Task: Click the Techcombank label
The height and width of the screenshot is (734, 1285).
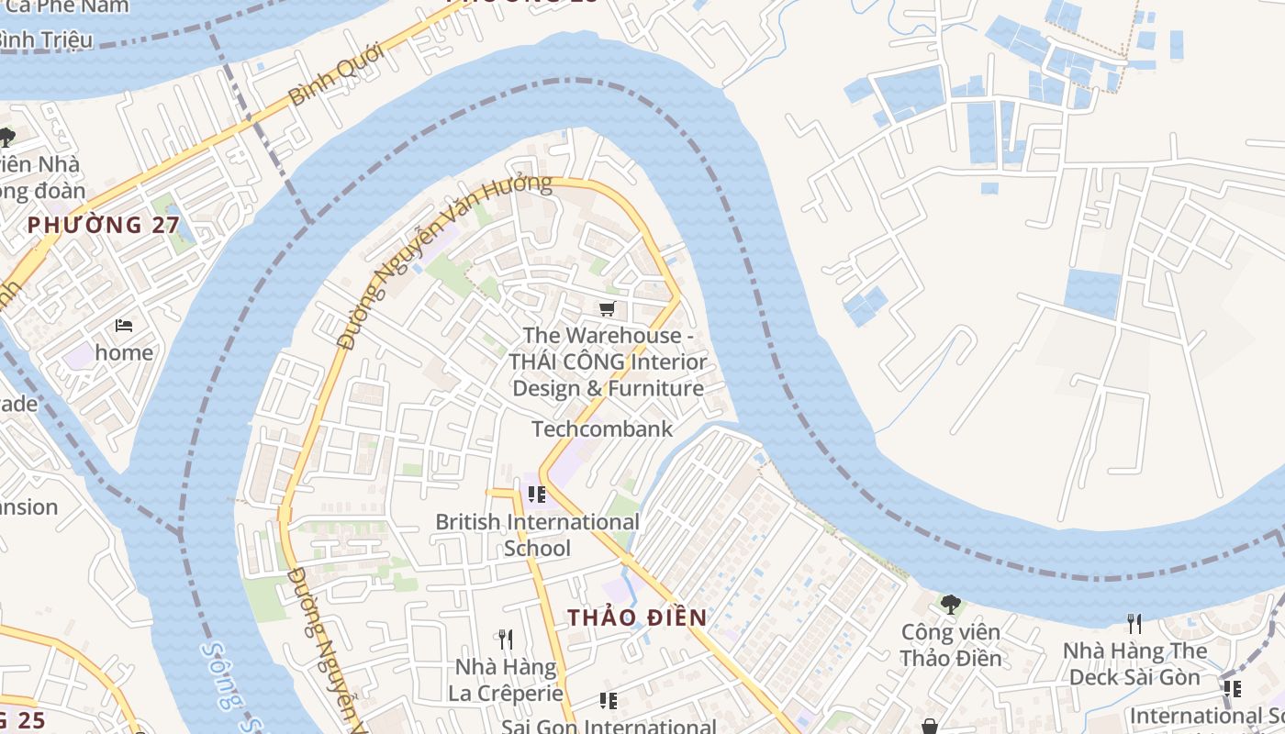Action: (602, 428)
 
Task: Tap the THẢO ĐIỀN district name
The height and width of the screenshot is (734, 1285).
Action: (637, 617)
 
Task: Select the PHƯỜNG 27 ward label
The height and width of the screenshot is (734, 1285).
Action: (103, 225)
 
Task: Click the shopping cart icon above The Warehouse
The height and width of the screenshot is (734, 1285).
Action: (607, 308)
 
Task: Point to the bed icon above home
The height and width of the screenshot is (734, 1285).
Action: (124, 325)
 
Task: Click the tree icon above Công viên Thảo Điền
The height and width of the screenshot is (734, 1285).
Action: (951, 604)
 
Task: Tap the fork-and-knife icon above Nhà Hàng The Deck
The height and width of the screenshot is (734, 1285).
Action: (1134, 624)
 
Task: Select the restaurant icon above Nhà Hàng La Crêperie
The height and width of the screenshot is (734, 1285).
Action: (505, 639)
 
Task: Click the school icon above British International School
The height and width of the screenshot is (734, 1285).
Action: (537, 495)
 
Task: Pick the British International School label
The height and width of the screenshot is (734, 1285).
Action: (537, 535)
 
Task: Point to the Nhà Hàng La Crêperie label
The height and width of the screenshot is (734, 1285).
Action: (505, 680)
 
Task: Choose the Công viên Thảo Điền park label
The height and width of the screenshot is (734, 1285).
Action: (951, 645)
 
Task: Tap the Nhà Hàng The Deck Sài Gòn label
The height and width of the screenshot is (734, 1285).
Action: (1134, 664)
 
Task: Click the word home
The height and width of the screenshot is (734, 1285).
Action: (124, 352)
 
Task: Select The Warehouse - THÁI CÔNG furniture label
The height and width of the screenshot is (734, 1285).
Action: (609, 361)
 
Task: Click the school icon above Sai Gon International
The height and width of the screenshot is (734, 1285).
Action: (608, 701)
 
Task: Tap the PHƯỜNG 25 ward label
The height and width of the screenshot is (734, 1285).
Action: (20, 720)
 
